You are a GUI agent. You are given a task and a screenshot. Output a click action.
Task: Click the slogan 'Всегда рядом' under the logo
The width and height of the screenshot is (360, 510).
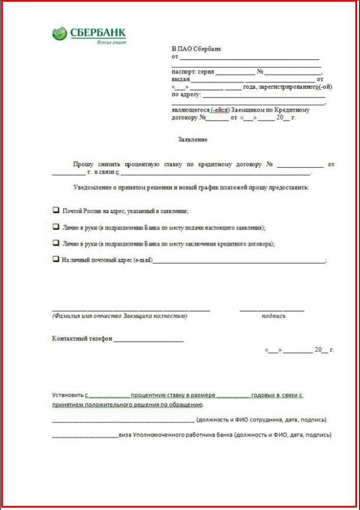(111, 42)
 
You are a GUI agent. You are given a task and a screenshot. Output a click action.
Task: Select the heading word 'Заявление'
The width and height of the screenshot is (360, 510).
(192, 140)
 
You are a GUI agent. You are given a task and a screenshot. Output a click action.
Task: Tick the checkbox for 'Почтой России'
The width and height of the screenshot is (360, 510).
(56, 210)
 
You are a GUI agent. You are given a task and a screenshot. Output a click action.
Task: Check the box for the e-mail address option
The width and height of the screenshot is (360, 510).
(56, 259)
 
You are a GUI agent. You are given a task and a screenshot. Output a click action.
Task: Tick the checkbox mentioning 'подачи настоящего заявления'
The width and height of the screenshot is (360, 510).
(56, 226)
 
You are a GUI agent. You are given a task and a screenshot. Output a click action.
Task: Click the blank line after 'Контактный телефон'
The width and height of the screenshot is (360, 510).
(149, 339)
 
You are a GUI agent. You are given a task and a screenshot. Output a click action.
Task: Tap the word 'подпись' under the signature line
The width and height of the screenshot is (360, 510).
(274, 316)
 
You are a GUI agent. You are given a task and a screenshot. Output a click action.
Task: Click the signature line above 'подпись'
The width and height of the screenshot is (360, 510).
(272, 309)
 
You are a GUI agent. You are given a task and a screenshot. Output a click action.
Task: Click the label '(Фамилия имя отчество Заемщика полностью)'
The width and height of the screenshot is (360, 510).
(119, 316)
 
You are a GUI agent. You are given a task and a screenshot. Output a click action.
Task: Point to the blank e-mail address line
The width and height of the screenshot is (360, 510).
(238, 261)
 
